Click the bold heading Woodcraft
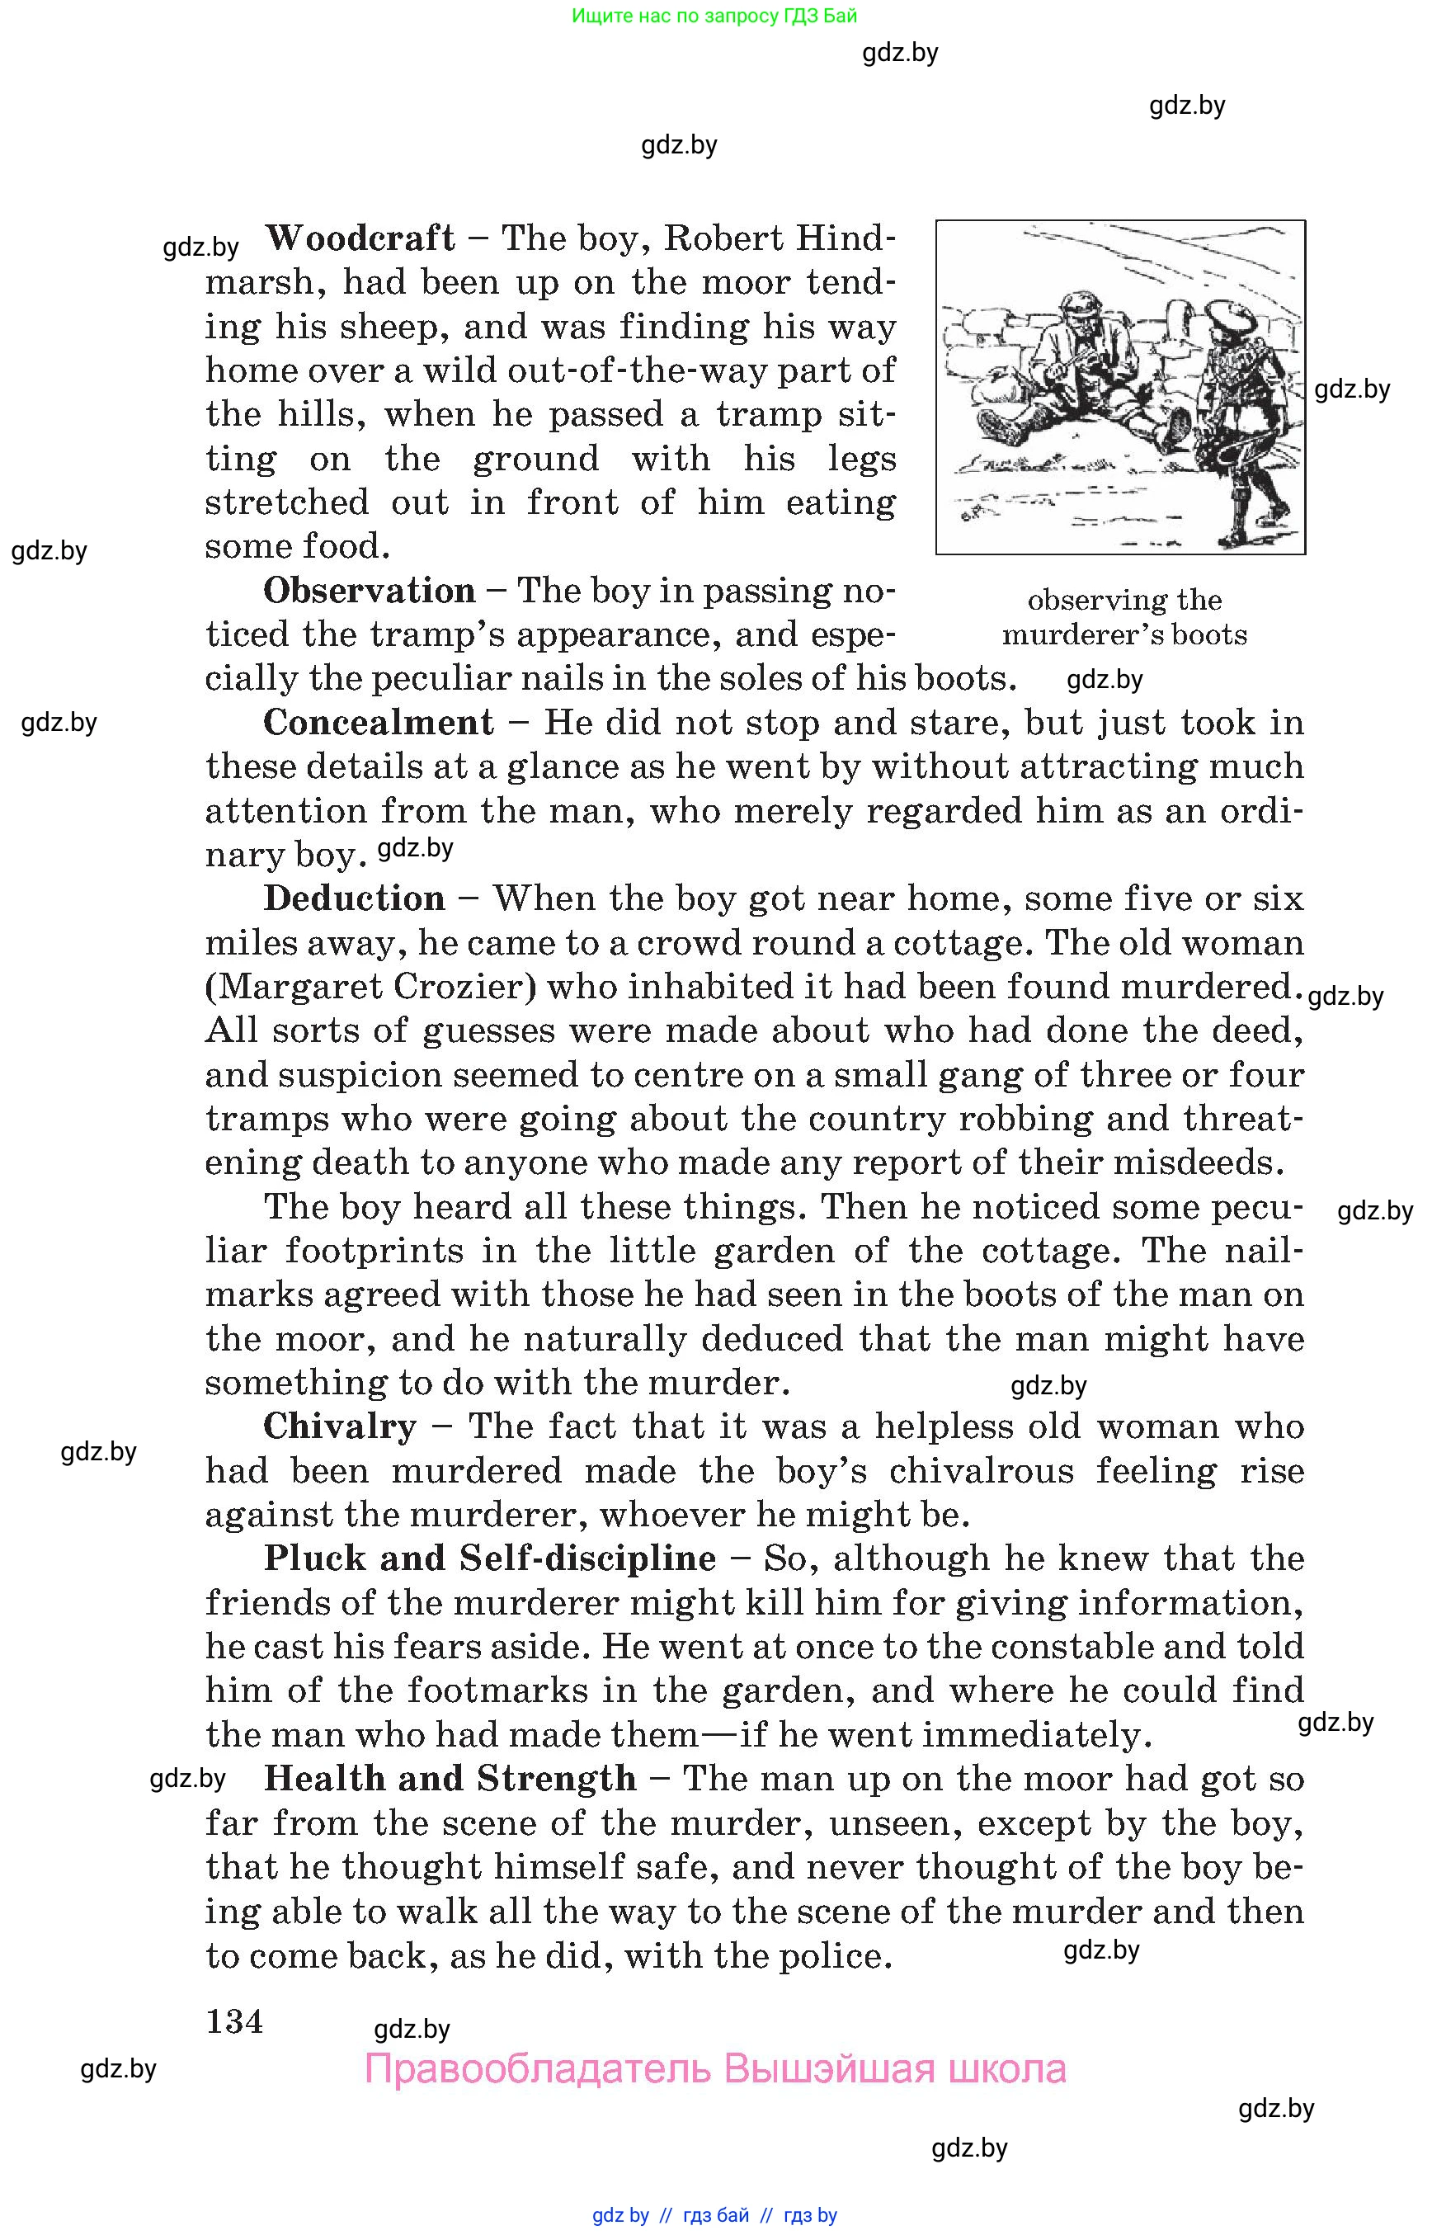pos(360,238)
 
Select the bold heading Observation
pos(370,591)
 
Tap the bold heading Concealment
pos(379,723)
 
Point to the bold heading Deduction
pos(354,898)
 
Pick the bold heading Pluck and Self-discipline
pos(489,1558)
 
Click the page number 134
pos(234,2021)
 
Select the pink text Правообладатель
pos(538,2068)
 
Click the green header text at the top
pos(714,16)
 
